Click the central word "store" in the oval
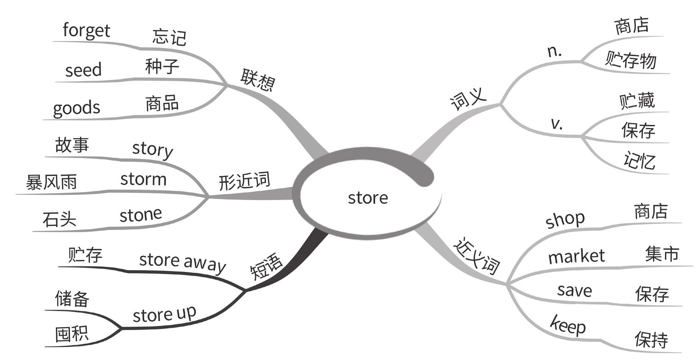tap(368, 198)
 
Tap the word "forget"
tap(86, 31)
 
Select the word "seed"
tap(83, 70)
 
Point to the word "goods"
tap(76, 108)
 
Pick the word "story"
tap(153, 149)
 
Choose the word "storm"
tap(143, 179)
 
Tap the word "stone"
tap(141, 214)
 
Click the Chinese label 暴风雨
tap(51, 183)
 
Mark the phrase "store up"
tap(164, 314)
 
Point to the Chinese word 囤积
tap(71, 334)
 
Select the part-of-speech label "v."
tap(557, 124)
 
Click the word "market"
tap(576, 256)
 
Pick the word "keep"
tap(568, 325)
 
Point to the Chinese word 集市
tap(662, 254)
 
